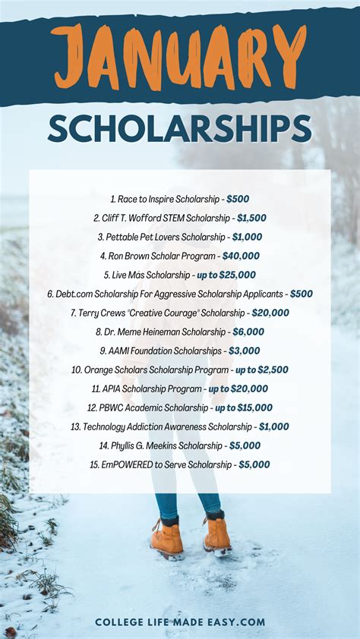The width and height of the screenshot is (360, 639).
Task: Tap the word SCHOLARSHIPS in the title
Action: (x=180, y=130)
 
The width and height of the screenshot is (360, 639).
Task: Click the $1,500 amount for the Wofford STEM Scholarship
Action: (x=249, y=218)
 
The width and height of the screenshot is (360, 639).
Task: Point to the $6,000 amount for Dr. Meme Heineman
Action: (x=248, y=332)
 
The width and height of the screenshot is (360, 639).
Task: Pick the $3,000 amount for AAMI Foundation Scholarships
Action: (x=244, y=351)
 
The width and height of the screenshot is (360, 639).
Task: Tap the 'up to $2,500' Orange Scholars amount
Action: (x=261, y=370)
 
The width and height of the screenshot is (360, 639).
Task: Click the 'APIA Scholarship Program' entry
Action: (x=147, y=389)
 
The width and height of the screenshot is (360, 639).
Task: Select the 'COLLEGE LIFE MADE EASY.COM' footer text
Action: (x=180, y=622)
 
